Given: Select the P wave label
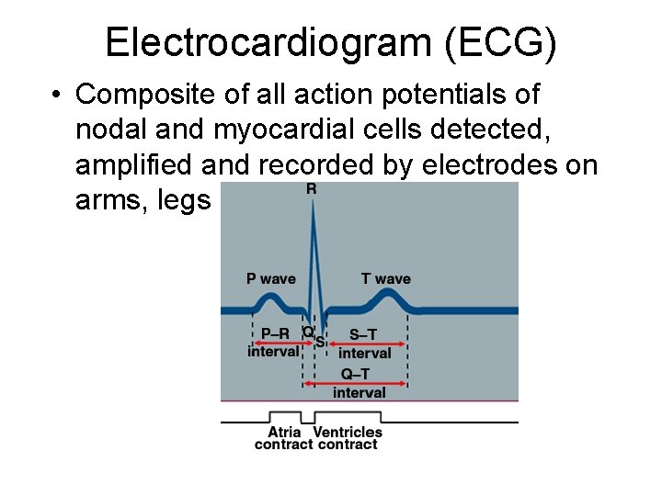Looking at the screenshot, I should click(271, 278).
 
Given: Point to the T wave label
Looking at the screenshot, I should click(386, 278).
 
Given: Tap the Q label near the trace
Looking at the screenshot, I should click(308, 331).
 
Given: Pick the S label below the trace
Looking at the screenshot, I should click(320, 342).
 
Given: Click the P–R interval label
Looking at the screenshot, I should click(273, 343).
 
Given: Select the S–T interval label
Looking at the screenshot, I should click(366, 344).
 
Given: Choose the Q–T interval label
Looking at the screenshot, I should click(359, 383).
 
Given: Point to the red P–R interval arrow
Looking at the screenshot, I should click(277, 321).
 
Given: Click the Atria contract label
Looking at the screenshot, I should click(284, 438).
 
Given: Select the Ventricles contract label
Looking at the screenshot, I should click(347, 438).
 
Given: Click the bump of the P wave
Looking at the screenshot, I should click(270, 298).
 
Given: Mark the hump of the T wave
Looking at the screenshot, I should click(388, 294).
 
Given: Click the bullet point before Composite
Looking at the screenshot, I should click(56, 95).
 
